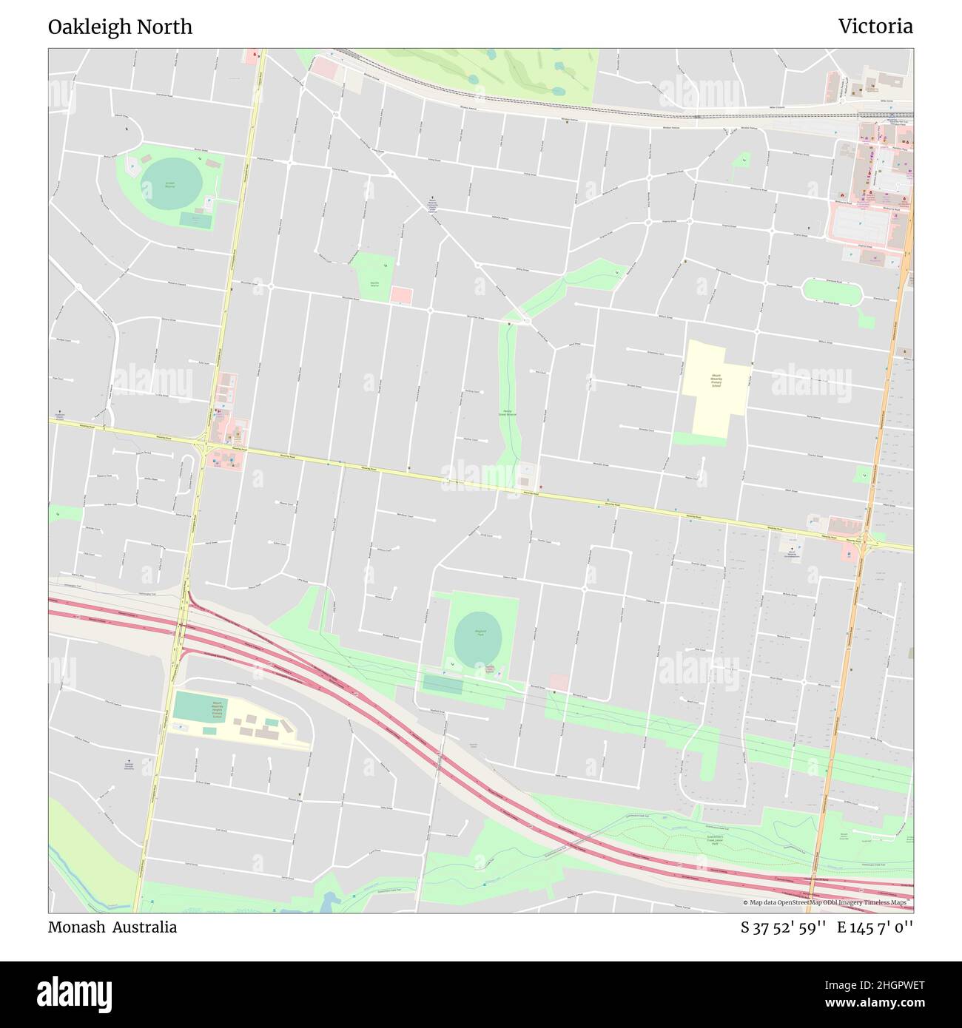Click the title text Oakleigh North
(x=120, y=27)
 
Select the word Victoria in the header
(x=875, y=27)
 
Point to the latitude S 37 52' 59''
(x=783, y=927)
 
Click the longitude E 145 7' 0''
(x=875, y=927)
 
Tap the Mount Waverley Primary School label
(x=716, y=381)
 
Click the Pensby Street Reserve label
(x=507, y=413)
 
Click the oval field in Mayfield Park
(x=478, y=635)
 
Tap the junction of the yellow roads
(x=201, y=445)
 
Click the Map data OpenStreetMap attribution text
(x=827, y=902)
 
